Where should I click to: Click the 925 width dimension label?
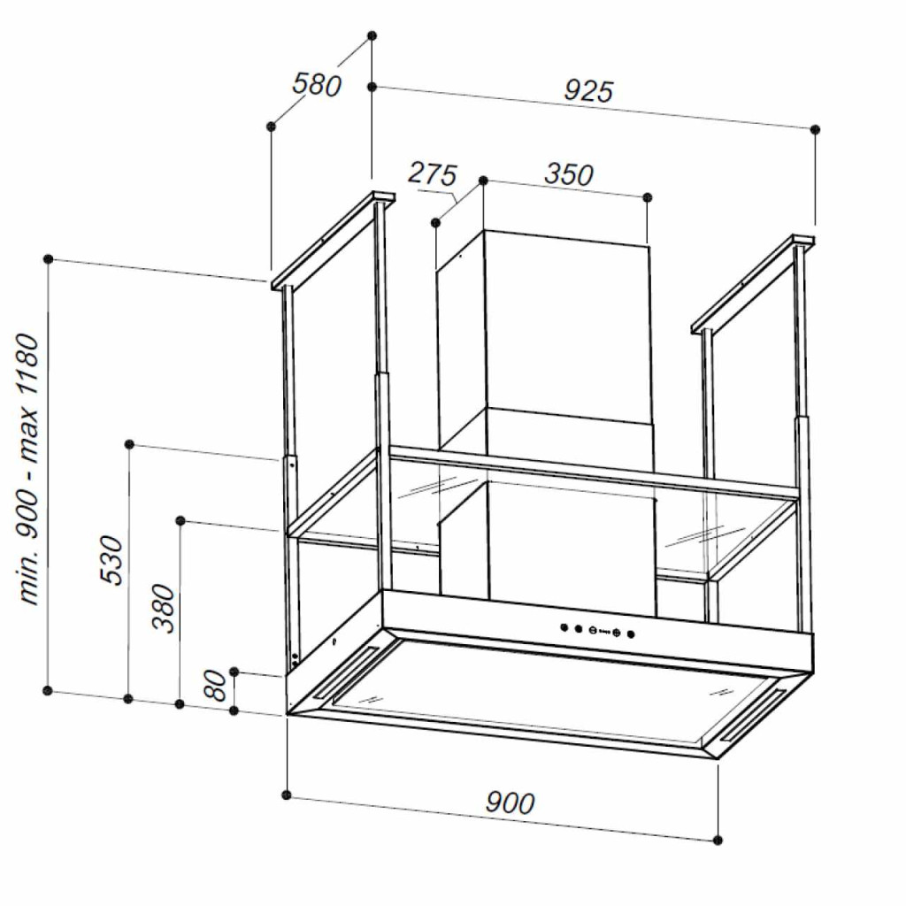588,90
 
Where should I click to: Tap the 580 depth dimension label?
317,85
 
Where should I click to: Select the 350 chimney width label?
568,174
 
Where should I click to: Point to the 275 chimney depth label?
432,173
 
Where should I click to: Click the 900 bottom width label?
511,802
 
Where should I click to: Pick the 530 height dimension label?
112,559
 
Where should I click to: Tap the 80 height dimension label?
215,687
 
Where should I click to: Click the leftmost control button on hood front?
563,627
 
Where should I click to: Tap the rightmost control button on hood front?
631,633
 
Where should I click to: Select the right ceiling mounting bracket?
752,283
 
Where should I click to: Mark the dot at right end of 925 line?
816,129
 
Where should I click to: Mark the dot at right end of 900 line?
718,840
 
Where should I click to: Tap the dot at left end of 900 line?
287,794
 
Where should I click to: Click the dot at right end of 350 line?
648,196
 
